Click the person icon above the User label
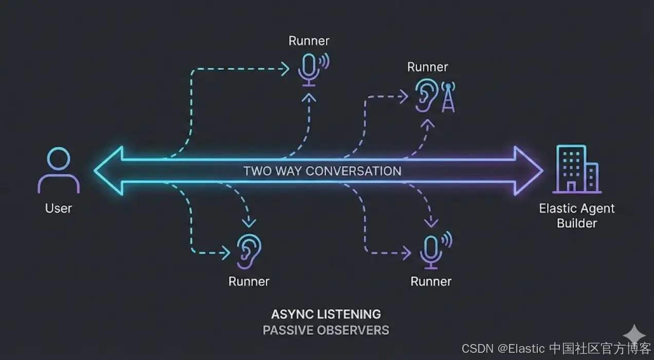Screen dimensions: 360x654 coord(58,171)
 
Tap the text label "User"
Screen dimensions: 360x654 coord(58,208)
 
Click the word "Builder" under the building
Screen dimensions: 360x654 coord(577,223)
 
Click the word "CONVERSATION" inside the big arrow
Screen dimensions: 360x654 coord(353,171)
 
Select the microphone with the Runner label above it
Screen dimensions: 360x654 coord(309,69)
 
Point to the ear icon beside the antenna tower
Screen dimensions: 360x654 coord(426,95)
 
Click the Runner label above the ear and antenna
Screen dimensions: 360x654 coord(427,67)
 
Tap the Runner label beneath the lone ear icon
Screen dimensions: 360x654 coord(249,281)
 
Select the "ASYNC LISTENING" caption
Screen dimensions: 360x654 coord(326,314)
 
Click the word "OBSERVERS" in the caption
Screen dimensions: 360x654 coord(353,330)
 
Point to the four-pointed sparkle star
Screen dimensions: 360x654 coord(634,335)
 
